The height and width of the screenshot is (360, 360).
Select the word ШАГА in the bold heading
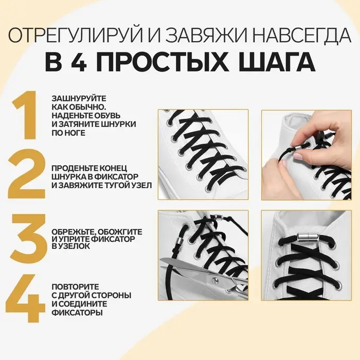coord(273,63)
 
